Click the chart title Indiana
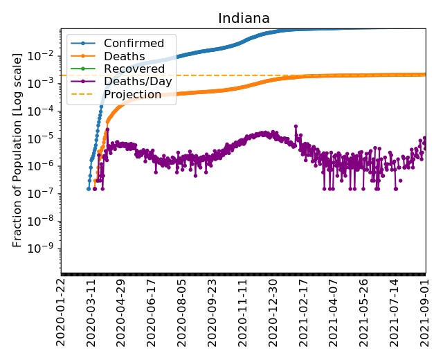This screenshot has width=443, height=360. coord(244,19)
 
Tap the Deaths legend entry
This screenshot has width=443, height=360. coord(124,56)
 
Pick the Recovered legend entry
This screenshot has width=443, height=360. coord(134,69)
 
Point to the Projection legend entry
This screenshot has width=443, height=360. coord(133,94)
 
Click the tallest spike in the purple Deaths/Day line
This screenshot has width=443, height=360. coord(296,126)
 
